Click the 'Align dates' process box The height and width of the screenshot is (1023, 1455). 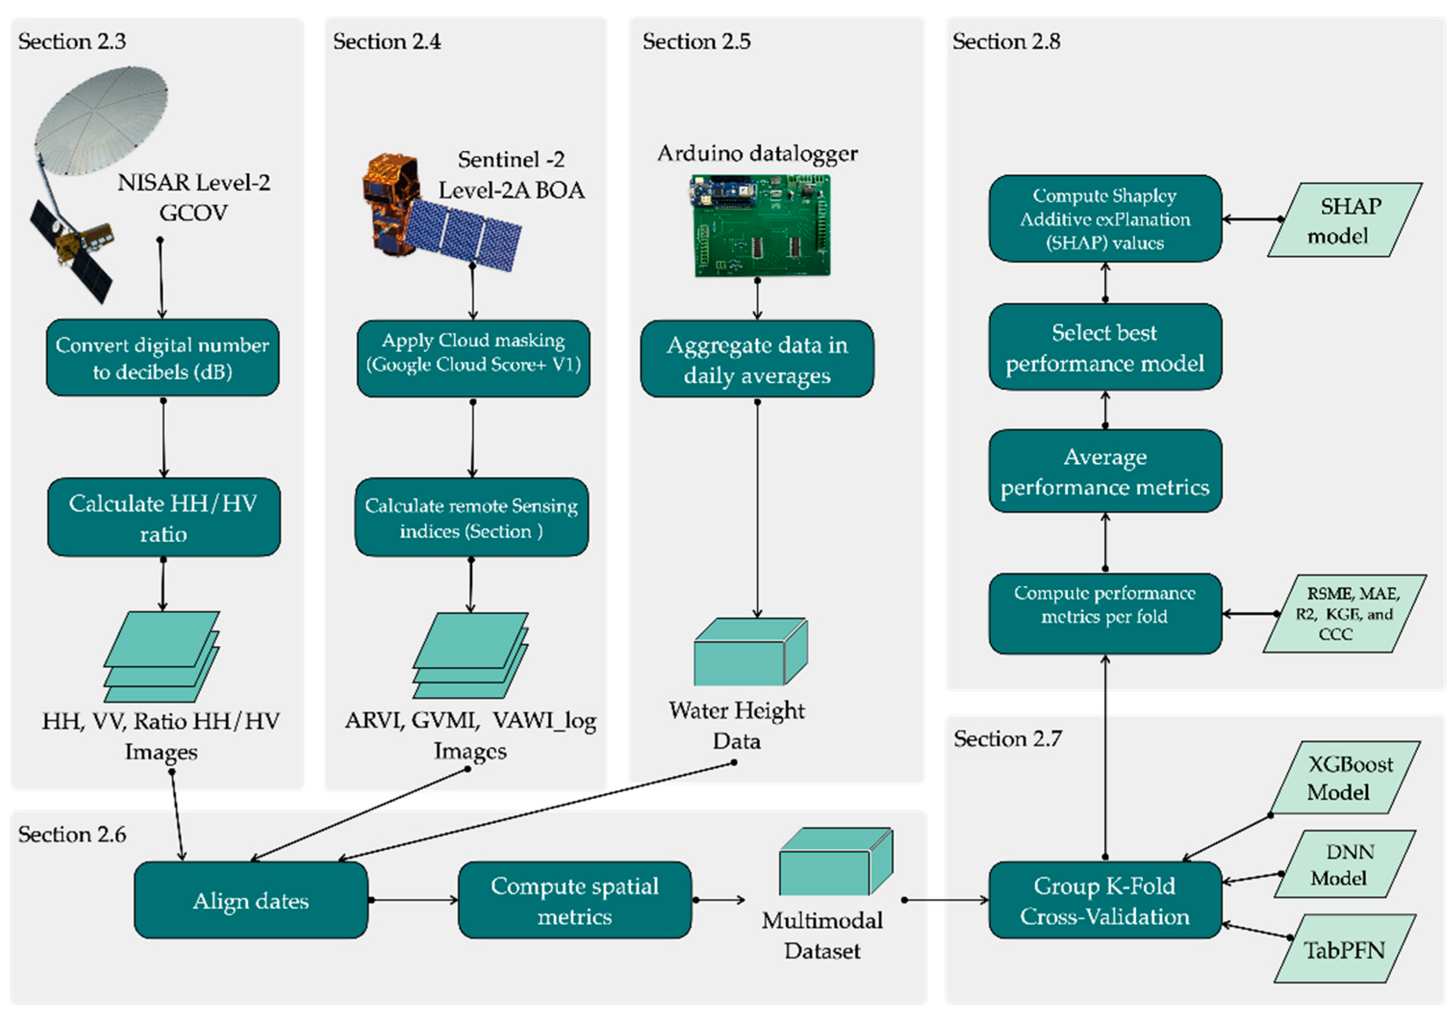point(251,899)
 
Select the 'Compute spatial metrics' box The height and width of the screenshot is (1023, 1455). point(575,899)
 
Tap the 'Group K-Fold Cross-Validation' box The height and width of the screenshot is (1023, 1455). point(1105,899)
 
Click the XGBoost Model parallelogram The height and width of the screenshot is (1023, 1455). point(1345,778)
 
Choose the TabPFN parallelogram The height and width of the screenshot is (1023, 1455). point(1345,948)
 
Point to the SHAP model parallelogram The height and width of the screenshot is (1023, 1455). point(1345,220)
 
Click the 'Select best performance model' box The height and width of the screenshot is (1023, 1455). point(1105,347)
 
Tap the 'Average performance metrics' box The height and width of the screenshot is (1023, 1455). point(1105,471)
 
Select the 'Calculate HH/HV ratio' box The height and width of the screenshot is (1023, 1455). point(164,517)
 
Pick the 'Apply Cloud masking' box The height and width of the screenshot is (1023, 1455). point(473,358)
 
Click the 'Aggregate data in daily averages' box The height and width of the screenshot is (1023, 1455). point(757,359)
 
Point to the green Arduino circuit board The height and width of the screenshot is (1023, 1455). point(759,226)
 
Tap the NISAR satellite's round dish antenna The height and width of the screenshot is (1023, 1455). point(101,120)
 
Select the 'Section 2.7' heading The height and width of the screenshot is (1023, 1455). point(1008,739)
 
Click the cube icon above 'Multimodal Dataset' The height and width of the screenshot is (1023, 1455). point(836,861)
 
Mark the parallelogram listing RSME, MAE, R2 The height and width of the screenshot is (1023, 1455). point(1345,614)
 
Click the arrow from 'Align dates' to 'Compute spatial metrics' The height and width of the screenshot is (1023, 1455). point(413,900)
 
